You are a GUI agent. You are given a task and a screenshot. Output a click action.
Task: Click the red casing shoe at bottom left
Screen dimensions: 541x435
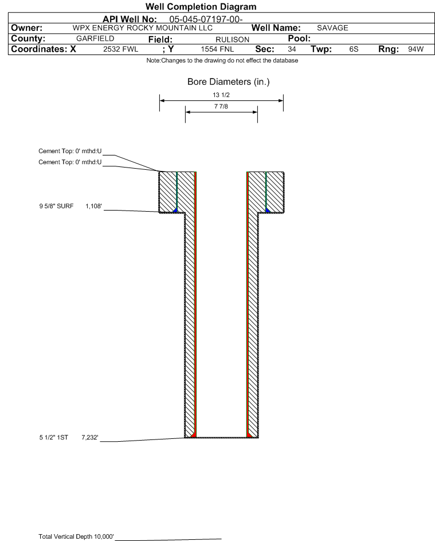point(193,435)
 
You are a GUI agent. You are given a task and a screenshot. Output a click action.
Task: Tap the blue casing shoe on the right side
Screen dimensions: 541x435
point(268,210)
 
